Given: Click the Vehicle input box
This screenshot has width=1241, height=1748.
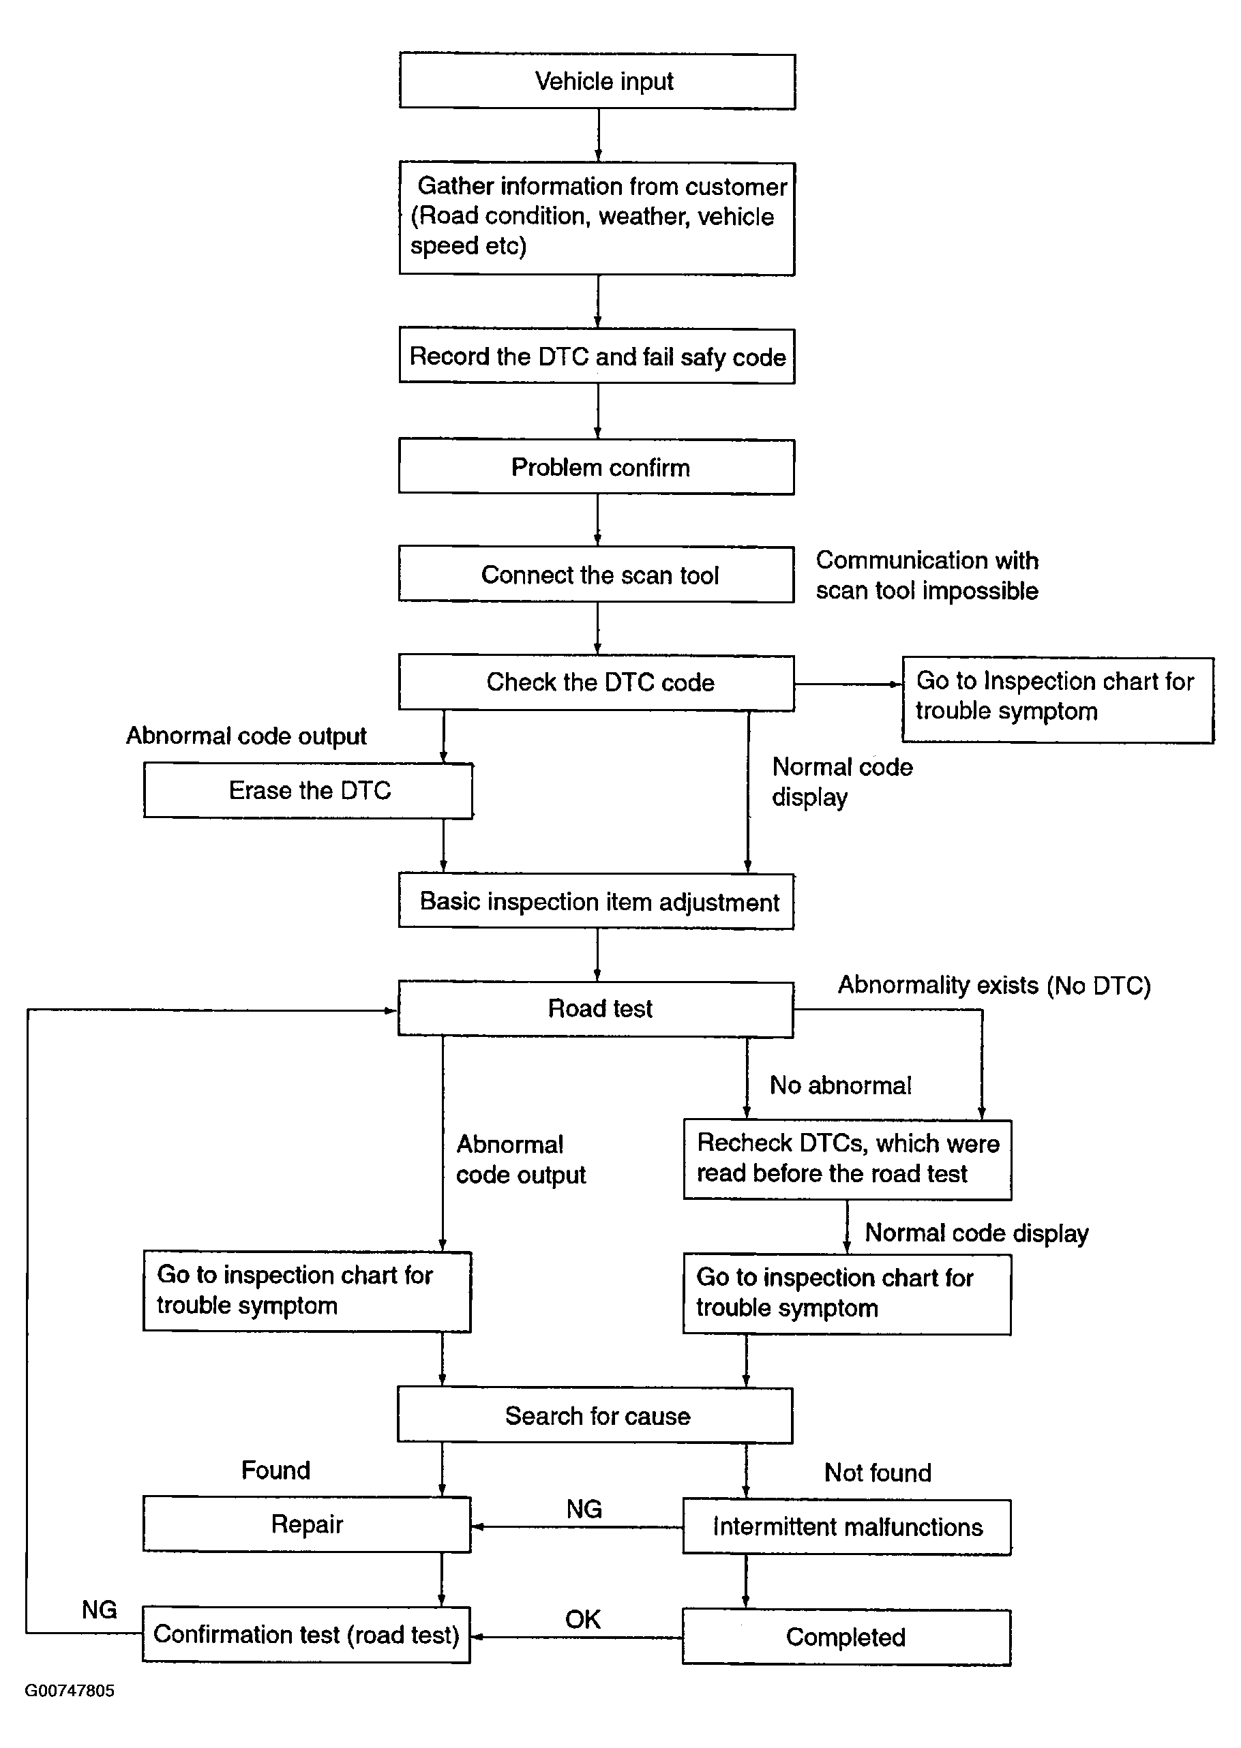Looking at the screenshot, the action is tap(597, 81).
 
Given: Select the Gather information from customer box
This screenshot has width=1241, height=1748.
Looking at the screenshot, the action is tap(597, 218).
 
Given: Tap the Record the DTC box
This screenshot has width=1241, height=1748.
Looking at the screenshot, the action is tap(597, 356).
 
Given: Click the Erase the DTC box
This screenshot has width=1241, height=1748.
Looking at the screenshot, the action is tap(309, 791).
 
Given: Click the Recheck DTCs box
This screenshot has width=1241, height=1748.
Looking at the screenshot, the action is tap(848, 1159).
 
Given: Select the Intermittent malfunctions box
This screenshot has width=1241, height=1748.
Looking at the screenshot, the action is tap(847, 1526).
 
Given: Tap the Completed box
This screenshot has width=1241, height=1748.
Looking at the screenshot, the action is tap(847, 1638).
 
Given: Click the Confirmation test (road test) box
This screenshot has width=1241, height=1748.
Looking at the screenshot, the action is tap(305, 1634).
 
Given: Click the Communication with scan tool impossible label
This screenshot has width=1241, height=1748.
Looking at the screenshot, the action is tap(927, 575).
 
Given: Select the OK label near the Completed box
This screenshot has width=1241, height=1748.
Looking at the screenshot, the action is tap(583, 1619).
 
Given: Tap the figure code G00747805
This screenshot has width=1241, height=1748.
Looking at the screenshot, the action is tap(70, 1690).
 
